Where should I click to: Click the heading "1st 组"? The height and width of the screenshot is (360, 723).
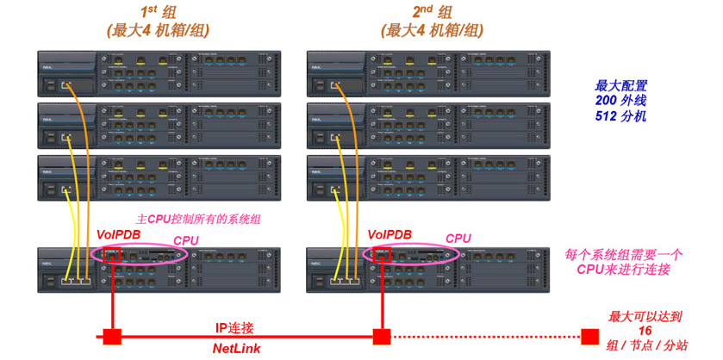pos(159,13)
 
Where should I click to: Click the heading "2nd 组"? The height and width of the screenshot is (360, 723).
pos(433,13)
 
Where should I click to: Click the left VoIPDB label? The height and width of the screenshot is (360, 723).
pos(119,234)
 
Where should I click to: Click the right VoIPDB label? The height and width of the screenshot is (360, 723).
pos(390,234)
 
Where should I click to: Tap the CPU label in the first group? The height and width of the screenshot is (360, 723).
pos(186,239)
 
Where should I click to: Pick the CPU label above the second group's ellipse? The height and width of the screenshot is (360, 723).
pos(458,239)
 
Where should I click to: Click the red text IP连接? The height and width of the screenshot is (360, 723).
pos(234,328)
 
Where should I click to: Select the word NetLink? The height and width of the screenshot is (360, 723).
pos(236,348)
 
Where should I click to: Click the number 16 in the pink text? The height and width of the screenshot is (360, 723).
pos(644,331)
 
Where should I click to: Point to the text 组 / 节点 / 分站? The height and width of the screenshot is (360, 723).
pos(646,346)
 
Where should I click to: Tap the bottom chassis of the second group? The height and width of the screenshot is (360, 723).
pos(429,270)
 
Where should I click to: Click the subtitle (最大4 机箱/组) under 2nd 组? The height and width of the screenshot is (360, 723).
pos(433,31)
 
